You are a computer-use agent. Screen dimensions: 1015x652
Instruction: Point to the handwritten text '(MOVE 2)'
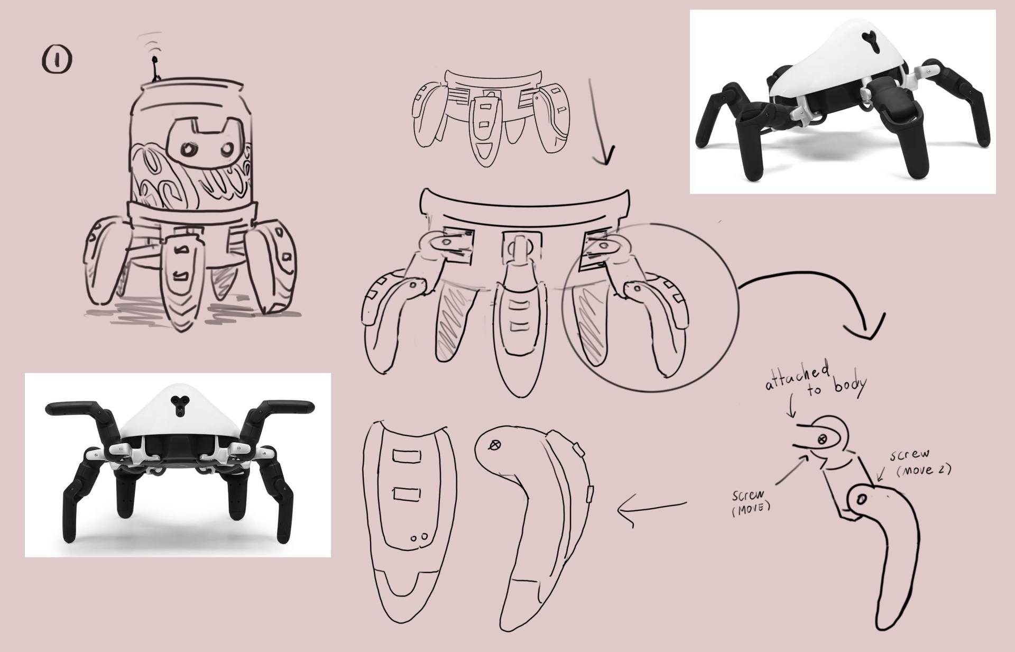pyautogui.click(x=924, y=470)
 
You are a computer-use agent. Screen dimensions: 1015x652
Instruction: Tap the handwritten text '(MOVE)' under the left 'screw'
pyautogui.click(x=751, y=508)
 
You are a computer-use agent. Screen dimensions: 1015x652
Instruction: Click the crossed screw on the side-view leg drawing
pyautogui.click(x=495, y=446)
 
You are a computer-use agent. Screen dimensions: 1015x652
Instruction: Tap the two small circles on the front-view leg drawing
pyautogui.click(x=419, y=537)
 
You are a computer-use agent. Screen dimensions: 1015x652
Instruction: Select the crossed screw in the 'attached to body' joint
pyautogui.click(x=822, y=438)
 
